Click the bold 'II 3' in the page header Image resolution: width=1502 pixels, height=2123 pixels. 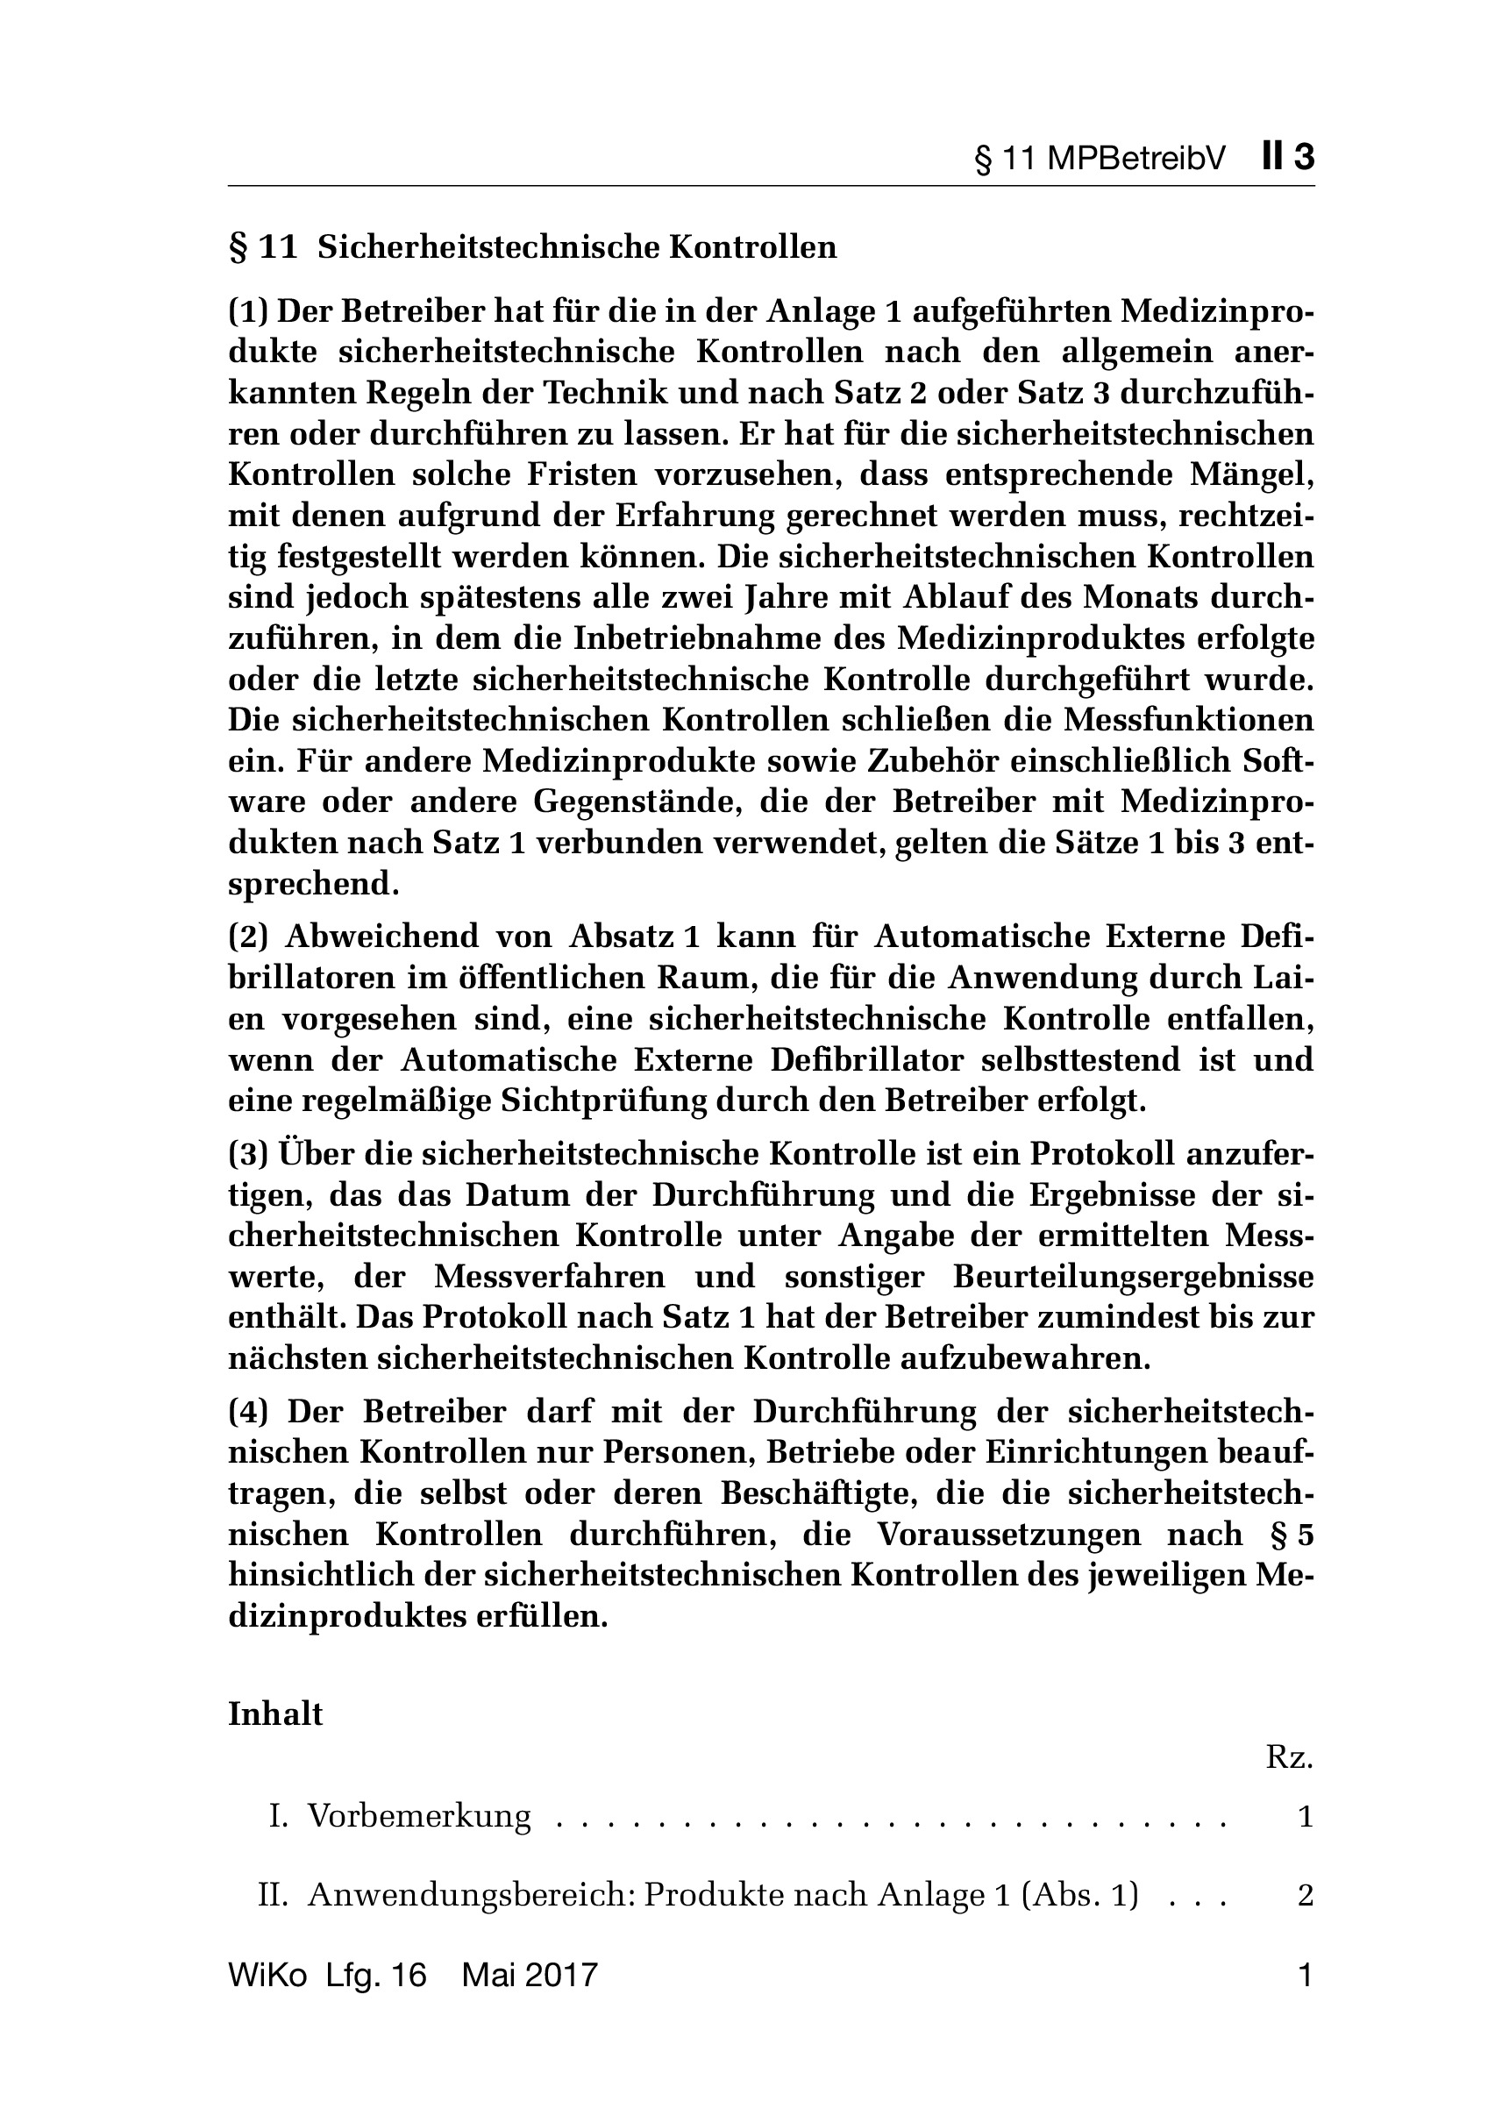1286,157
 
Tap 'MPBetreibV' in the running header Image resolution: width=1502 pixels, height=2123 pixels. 1136,159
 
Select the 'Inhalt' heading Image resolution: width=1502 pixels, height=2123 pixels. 275,1714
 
